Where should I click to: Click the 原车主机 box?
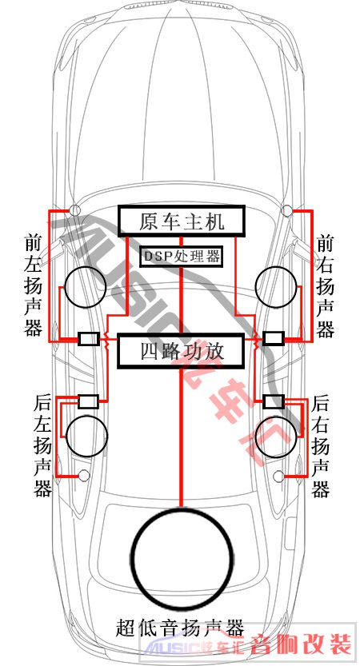point(182,221)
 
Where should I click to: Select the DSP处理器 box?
point(182,256)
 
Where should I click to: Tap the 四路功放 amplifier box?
point(182,350)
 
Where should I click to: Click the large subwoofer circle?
point(182,556)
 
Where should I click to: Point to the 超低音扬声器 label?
point(180,628)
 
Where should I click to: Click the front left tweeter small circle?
point(75,209)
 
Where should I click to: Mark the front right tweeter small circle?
point(287,209)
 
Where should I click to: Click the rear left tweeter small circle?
point(84,476)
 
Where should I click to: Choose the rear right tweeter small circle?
point(279,477)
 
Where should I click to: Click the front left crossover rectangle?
point(89,339)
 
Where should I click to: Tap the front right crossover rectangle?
point(274,338)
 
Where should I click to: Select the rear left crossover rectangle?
point(89,401)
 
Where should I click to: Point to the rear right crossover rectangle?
point(274,401)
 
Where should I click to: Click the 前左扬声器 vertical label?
point(33,285)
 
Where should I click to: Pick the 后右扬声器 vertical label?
point(321,446)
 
